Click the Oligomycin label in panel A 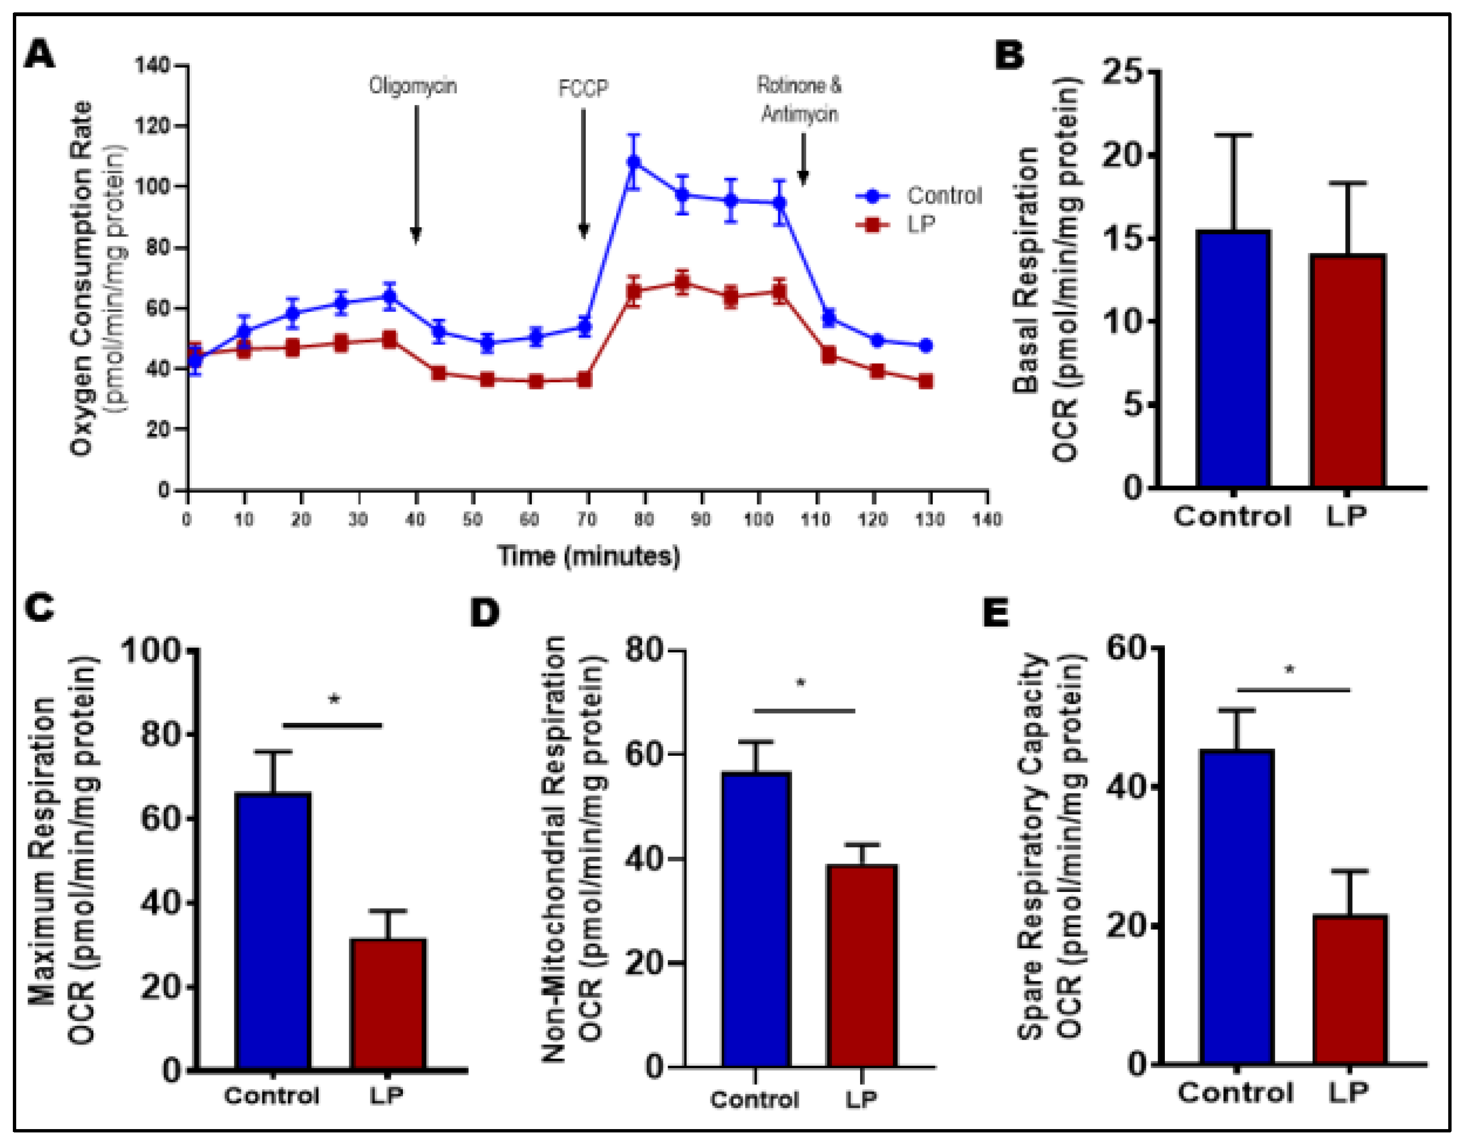tap(412, 86)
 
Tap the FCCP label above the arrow tap(583, 89)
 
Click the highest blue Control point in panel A tap(633, 162)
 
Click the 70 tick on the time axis tap(587, 519)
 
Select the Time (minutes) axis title tap(588, 556)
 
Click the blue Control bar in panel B tap(1233, 359)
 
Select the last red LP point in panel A tap(926, 381)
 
